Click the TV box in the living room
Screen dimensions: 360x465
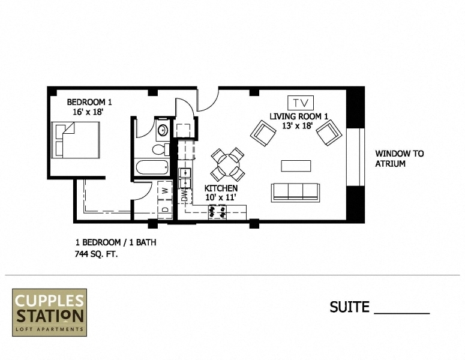[x=301, y=103]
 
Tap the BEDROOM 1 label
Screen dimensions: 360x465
[x=89, y=102]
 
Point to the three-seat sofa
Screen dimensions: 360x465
[x=295, y=191]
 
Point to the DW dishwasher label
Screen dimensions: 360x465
[x=185, y=195]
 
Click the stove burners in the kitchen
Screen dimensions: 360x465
[x=217, y=211]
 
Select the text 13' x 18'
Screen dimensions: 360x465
[x=297, y=126]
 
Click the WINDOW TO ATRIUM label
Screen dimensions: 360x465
[x=399, y=158]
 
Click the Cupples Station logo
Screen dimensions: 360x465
[x=50, y=312]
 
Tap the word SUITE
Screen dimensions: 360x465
[x=349, y=307]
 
